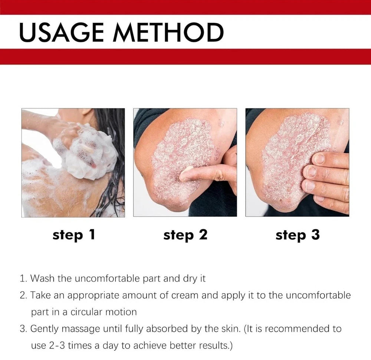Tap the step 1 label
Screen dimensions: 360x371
(74, 235)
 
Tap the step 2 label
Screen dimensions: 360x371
(185, 235)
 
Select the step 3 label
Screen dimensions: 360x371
(297, 235)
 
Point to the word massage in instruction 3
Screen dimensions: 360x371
(77, 329)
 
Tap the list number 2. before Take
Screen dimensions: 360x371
(23, 296)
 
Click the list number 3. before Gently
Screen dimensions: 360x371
(23, 329)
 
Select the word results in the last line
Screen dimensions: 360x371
(219, 346)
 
